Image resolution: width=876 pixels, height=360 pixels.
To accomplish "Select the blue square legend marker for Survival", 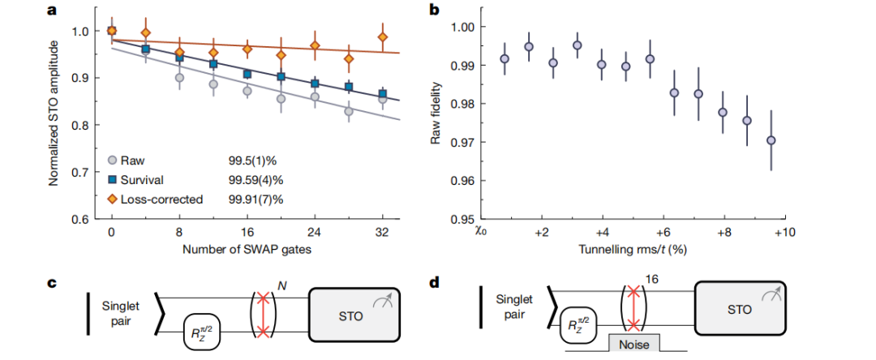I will pyautogui.click(x=114, y=179).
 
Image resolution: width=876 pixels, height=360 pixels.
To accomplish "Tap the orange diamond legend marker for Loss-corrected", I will pyautogui.click(x=114, y=198).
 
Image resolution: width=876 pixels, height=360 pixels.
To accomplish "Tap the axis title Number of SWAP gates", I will pyautogui.click(x=244, y=249).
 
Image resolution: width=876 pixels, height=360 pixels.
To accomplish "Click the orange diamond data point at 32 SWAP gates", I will pyautogui.click(x=383, y=37).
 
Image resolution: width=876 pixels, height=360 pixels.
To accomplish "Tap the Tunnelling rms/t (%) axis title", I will pyautogui.click(x=633, y=249).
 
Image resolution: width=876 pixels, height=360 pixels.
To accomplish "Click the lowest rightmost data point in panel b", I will pyautogui.click(x=771, y=140).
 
